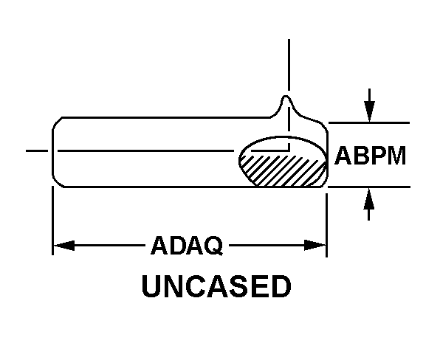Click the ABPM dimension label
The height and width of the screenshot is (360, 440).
click(x=370, y=156)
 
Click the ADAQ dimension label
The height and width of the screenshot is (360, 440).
click(x=187, y=246)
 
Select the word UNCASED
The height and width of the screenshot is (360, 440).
click(x=216, y=286)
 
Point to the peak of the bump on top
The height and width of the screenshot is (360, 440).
click(x=286, y=97)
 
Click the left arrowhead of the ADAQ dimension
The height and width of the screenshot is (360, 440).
click(x=64, y=246)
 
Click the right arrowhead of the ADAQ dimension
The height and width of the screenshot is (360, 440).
click(x=314, y=246)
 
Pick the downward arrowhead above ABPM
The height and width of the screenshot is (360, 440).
click(x=369, y=111)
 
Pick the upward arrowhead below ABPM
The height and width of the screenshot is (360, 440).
click(x=369, y=198)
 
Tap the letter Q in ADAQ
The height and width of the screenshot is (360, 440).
click(x=213, y=246)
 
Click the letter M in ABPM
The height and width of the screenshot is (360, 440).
click(x=396, y=156)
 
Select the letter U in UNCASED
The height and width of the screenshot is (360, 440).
click(x=151, y=286)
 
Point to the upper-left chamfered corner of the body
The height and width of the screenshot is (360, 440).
click(x=57, y=122)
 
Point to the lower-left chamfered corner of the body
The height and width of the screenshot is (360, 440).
click(x=58, y=181)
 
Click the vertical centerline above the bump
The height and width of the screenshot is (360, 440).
click(x=289, y=65)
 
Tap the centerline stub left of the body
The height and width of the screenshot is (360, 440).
click(x=37, y=150)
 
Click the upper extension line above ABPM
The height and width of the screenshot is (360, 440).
click(x=369, y=122)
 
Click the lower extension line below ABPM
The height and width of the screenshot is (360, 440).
click(x=369, y=187)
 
